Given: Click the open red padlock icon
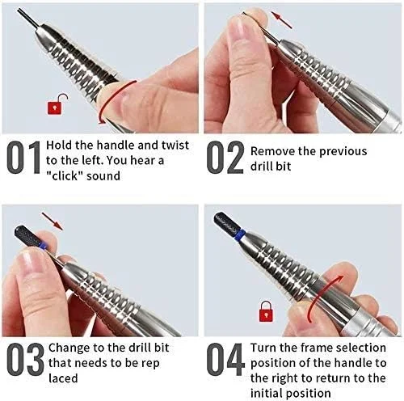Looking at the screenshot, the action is tap(56, 106).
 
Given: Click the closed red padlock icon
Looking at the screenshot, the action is tap(266, 311).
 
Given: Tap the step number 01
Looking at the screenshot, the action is tap(23, 158).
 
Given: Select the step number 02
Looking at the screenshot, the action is tap(225, 158).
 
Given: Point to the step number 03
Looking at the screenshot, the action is tap(25, 360).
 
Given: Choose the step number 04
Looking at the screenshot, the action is tap(225, 360).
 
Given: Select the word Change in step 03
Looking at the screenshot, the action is tap(69, 348).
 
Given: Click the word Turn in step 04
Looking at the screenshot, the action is tap(263, 348).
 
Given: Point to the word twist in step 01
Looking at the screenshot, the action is tap(175, 146).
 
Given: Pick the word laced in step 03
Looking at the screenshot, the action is tap(63, 378).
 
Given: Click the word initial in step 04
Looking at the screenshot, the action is tap(267, 393).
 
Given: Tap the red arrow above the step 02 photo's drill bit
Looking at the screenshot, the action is tap(281, 20).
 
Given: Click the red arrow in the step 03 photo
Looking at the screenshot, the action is tap(53, 222).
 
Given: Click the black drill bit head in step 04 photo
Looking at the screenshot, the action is tap(226, 222).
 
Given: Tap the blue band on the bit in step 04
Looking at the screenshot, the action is tap(242, 234).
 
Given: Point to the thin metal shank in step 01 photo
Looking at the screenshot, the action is tap(29, 18).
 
